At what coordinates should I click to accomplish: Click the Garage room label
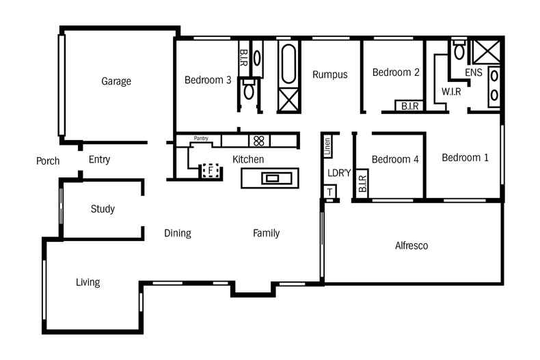click(x=116, y=81)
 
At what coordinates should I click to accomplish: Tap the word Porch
click(x=48, y=161)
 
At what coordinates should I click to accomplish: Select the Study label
click(x=103, y=209)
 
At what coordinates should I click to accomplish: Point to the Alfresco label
click(x=411, y=245)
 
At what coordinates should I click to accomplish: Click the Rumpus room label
click(x=330, y=74)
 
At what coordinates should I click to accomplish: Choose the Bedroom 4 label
click(x=395, y=159)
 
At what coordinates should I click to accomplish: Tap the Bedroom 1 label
click(x=465, y=158)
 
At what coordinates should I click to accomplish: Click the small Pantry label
click(x=201, y=139)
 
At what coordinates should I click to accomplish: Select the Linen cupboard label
click(x=327, y=144)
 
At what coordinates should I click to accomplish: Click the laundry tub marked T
click(x=330, y=193)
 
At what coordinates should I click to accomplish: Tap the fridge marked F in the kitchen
click(x=211, y=170)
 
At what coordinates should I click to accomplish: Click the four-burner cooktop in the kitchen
click(x=259, y=141)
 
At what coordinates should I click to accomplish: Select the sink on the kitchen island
click(x=272, y=178)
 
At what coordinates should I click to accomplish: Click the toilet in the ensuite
click(x=459, y=51)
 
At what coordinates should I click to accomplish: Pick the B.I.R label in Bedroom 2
click(x=410, y=106)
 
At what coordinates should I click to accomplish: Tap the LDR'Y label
click(x=338, y=173)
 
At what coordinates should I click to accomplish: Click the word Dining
click(x=177, y=233)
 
